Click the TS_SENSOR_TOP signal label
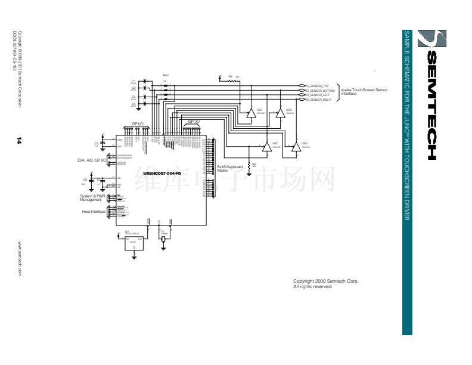pos(317,86)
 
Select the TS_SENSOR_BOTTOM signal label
pos(319,91)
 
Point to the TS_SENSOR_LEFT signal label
pos(318,95)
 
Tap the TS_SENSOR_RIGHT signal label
pos(318,100)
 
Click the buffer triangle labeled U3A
pos(251,114)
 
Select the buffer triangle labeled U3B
pos(280,114)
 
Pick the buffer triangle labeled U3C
pos(266,148)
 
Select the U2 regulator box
pos(133,242)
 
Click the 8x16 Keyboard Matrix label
pos(229,169)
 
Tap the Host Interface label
pos(94,212)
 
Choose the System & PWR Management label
pos(92,197)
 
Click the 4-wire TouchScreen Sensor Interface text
pos(364,92)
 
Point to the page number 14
pos(20,141)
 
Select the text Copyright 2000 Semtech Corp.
pos(325,281)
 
